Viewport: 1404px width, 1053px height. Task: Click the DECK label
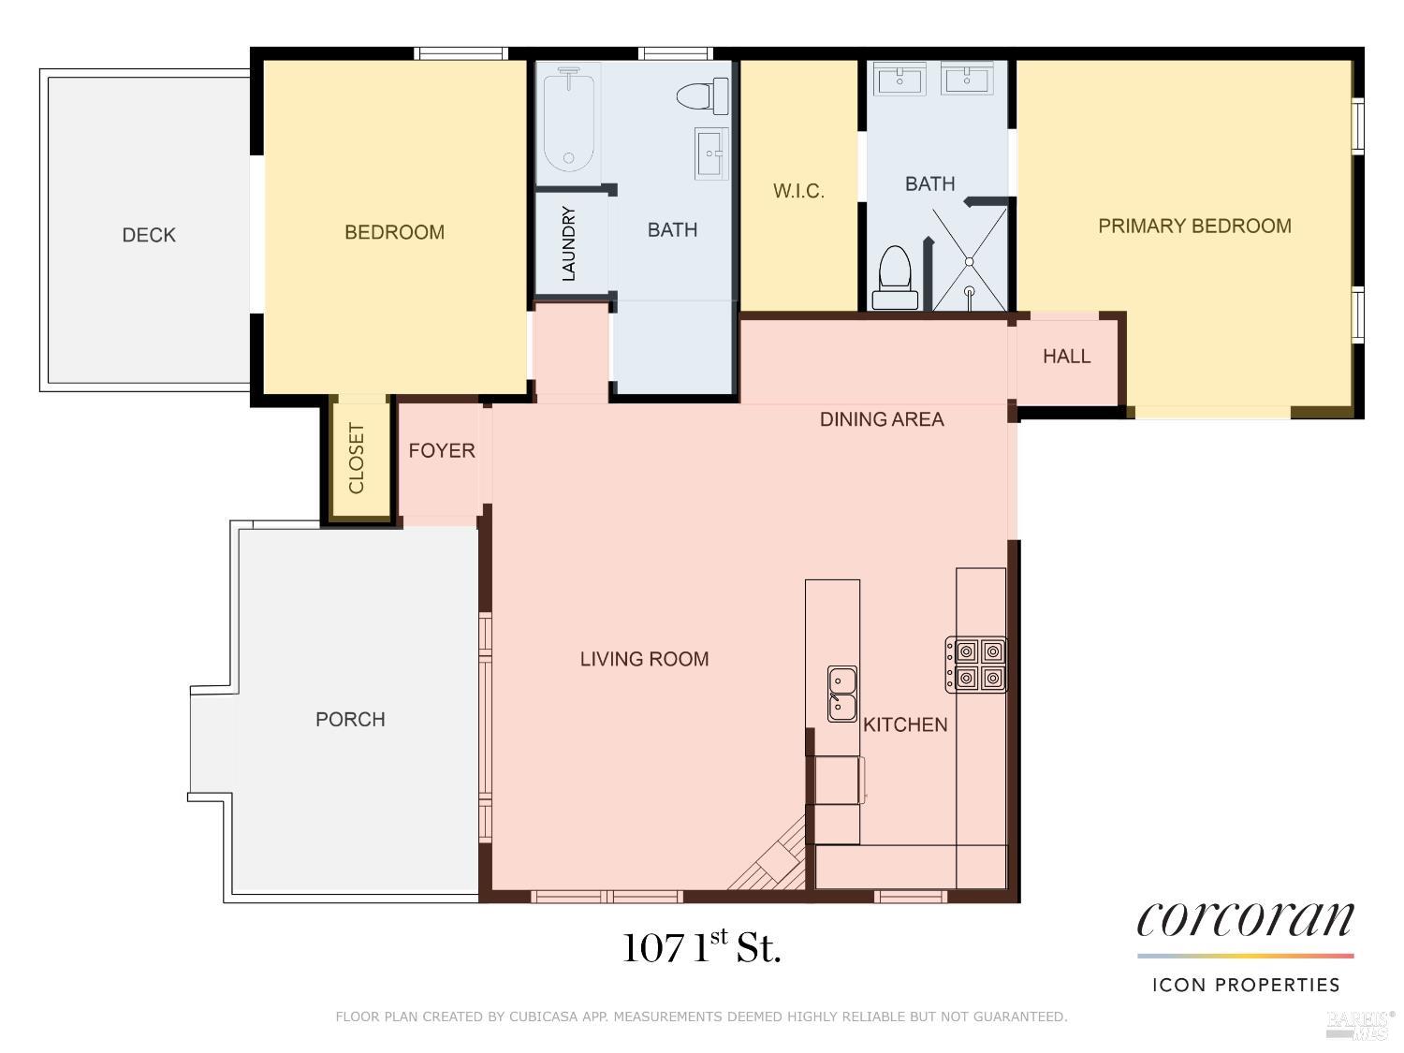[x=149, y=235]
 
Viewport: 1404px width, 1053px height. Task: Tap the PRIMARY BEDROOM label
[x=1194, y=226]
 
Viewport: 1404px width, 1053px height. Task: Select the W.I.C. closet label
[x=798, y=191]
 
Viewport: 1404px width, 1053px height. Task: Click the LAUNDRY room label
[x=568, y=243]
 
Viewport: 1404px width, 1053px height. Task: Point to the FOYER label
[x=442, y=451]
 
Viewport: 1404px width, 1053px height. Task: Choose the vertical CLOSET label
[x=357, y=458]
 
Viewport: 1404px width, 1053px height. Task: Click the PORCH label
[x=350, y=719]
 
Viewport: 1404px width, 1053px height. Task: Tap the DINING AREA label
[x=882, y=419]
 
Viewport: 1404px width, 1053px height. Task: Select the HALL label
[x=1066, y=356]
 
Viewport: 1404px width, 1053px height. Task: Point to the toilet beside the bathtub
[x=702, y=95]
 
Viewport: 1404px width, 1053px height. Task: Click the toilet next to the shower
[x=895, y=278]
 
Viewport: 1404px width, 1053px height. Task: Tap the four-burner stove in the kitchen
[x=976, y=665]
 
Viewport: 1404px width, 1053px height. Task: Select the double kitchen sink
[x=841, y=694]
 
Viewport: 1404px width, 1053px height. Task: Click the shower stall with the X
[x=969, y=260]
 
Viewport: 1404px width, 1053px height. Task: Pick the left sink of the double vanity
[x=899, y=80]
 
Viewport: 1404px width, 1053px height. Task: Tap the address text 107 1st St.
[x=702, y=947]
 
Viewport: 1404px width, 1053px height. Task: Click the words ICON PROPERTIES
[x=1246, y=986]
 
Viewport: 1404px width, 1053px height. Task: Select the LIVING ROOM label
[x=644, y=659]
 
